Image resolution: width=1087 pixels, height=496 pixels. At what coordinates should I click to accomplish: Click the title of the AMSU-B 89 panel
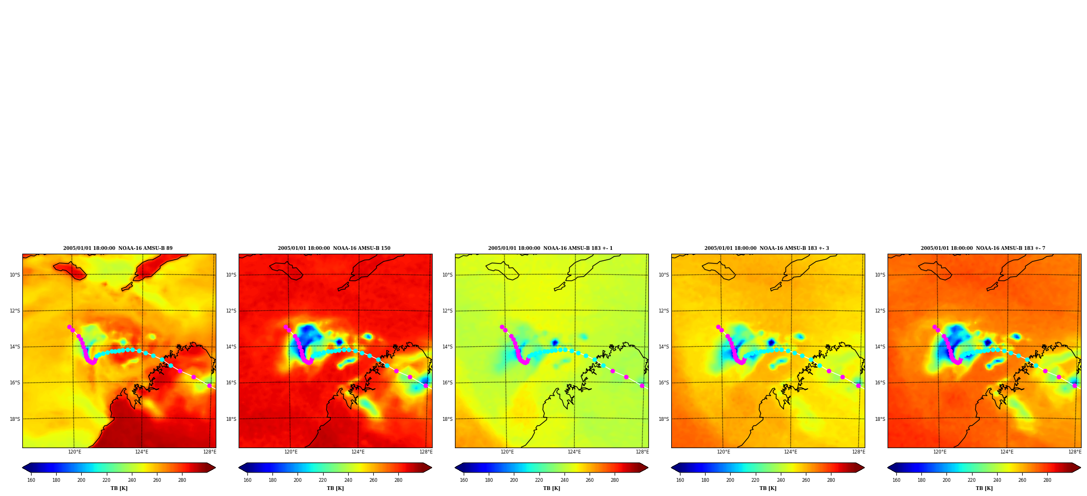118,248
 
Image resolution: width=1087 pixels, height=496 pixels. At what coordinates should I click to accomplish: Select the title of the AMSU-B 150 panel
334,248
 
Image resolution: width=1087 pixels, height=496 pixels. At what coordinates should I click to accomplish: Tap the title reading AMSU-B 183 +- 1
550,248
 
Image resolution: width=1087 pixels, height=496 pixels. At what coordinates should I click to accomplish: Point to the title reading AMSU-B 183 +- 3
767,248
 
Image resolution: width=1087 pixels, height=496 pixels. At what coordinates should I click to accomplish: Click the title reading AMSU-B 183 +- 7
983,248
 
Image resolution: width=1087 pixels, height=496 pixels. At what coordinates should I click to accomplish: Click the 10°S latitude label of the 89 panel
15,275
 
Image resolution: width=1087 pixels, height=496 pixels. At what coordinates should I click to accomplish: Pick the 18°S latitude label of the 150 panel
231,419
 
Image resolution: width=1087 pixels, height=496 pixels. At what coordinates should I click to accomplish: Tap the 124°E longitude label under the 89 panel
142,452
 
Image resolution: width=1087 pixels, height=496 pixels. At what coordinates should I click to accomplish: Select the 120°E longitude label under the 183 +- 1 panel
507,452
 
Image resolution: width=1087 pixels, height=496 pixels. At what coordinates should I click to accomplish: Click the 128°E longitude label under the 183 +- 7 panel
1074,452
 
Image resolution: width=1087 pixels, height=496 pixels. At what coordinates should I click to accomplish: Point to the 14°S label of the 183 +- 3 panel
664,347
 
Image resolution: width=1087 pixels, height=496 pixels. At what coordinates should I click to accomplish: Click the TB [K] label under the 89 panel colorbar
119,488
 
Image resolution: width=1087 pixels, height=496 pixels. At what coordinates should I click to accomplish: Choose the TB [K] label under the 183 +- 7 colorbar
984,488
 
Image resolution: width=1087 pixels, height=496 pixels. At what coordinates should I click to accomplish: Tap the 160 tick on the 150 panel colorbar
247,480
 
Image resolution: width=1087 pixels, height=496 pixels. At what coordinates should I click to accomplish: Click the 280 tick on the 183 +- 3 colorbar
831,480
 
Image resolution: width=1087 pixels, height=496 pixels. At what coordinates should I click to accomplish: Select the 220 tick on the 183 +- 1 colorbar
539,480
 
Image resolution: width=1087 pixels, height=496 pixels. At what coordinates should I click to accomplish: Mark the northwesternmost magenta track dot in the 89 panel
69,327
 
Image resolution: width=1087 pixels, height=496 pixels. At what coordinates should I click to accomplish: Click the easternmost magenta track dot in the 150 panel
426,385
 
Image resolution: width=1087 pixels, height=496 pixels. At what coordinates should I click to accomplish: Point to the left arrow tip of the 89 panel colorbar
22,468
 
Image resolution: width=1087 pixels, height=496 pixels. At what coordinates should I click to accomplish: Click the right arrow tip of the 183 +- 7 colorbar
1080,468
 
